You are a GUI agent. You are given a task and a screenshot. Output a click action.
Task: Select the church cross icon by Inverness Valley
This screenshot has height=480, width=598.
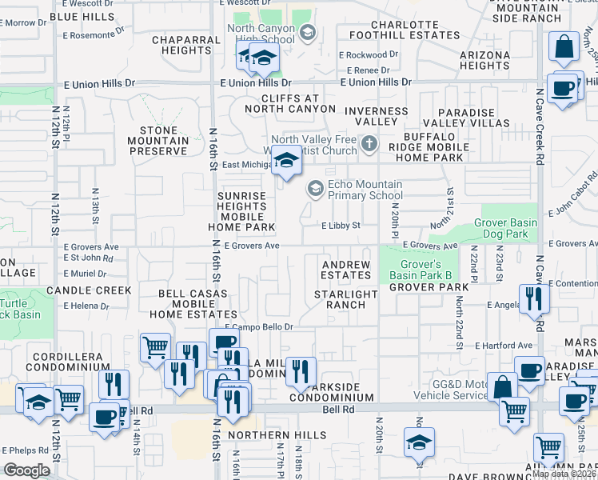369,145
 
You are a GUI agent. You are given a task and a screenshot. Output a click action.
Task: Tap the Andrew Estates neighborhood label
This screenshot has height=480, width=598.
346,270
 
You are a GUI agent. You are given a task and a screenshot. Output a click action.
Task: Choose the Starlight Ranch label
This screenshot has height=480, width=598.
345,299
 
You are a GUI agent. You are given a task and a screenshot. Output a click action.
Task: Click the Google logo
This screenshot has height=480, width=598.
26,470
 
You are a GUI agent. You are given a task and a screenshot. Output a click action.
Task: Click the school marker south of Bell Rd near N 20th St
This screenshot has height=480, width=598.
420,442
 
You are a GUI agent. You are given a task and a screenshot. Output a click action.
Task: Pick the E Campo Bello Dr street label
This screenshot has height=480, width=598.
259,327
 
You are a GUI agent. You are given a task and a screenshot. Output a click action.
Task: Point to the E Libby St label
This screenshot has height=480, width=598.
341,226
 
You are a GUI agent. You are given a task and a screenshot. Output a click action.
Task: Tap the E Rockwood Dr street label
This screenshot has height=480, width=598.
368,55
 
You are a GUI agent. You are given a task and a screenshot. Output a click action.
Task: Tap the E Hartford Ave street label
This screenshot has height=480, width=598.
503,346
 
